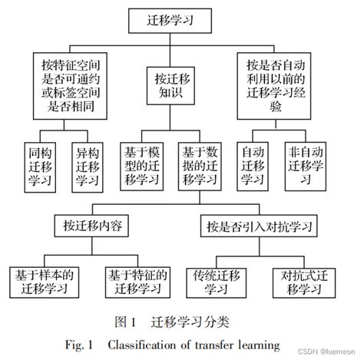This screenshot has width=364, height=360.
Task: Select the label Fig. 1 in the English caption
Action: [x=82, y=343]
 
